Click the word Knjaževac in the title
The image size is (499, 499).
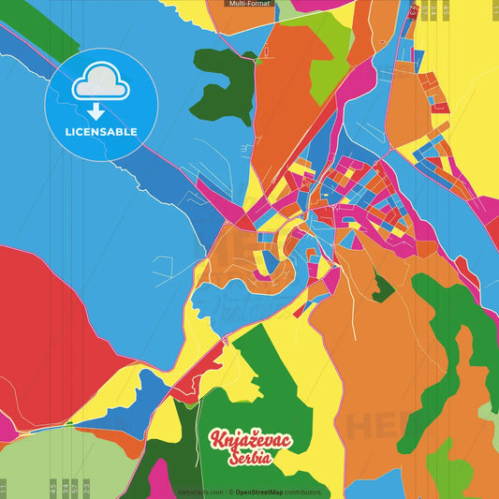(250, 440)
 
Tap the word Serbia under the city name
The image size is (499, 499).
(249, 458)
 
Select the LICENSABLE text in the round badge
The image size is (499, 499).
(101, 132)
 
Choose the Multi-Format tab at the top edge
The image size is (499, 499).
(250, 4)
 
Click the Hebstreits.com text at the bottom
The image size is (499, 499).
(199, 492)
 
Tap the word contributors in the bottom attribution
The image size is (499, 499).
(302, 492)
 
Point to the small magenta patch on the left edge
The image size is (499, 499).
(6, 427)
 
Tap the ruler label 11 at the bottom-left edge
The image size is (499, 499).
(3, 488)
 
